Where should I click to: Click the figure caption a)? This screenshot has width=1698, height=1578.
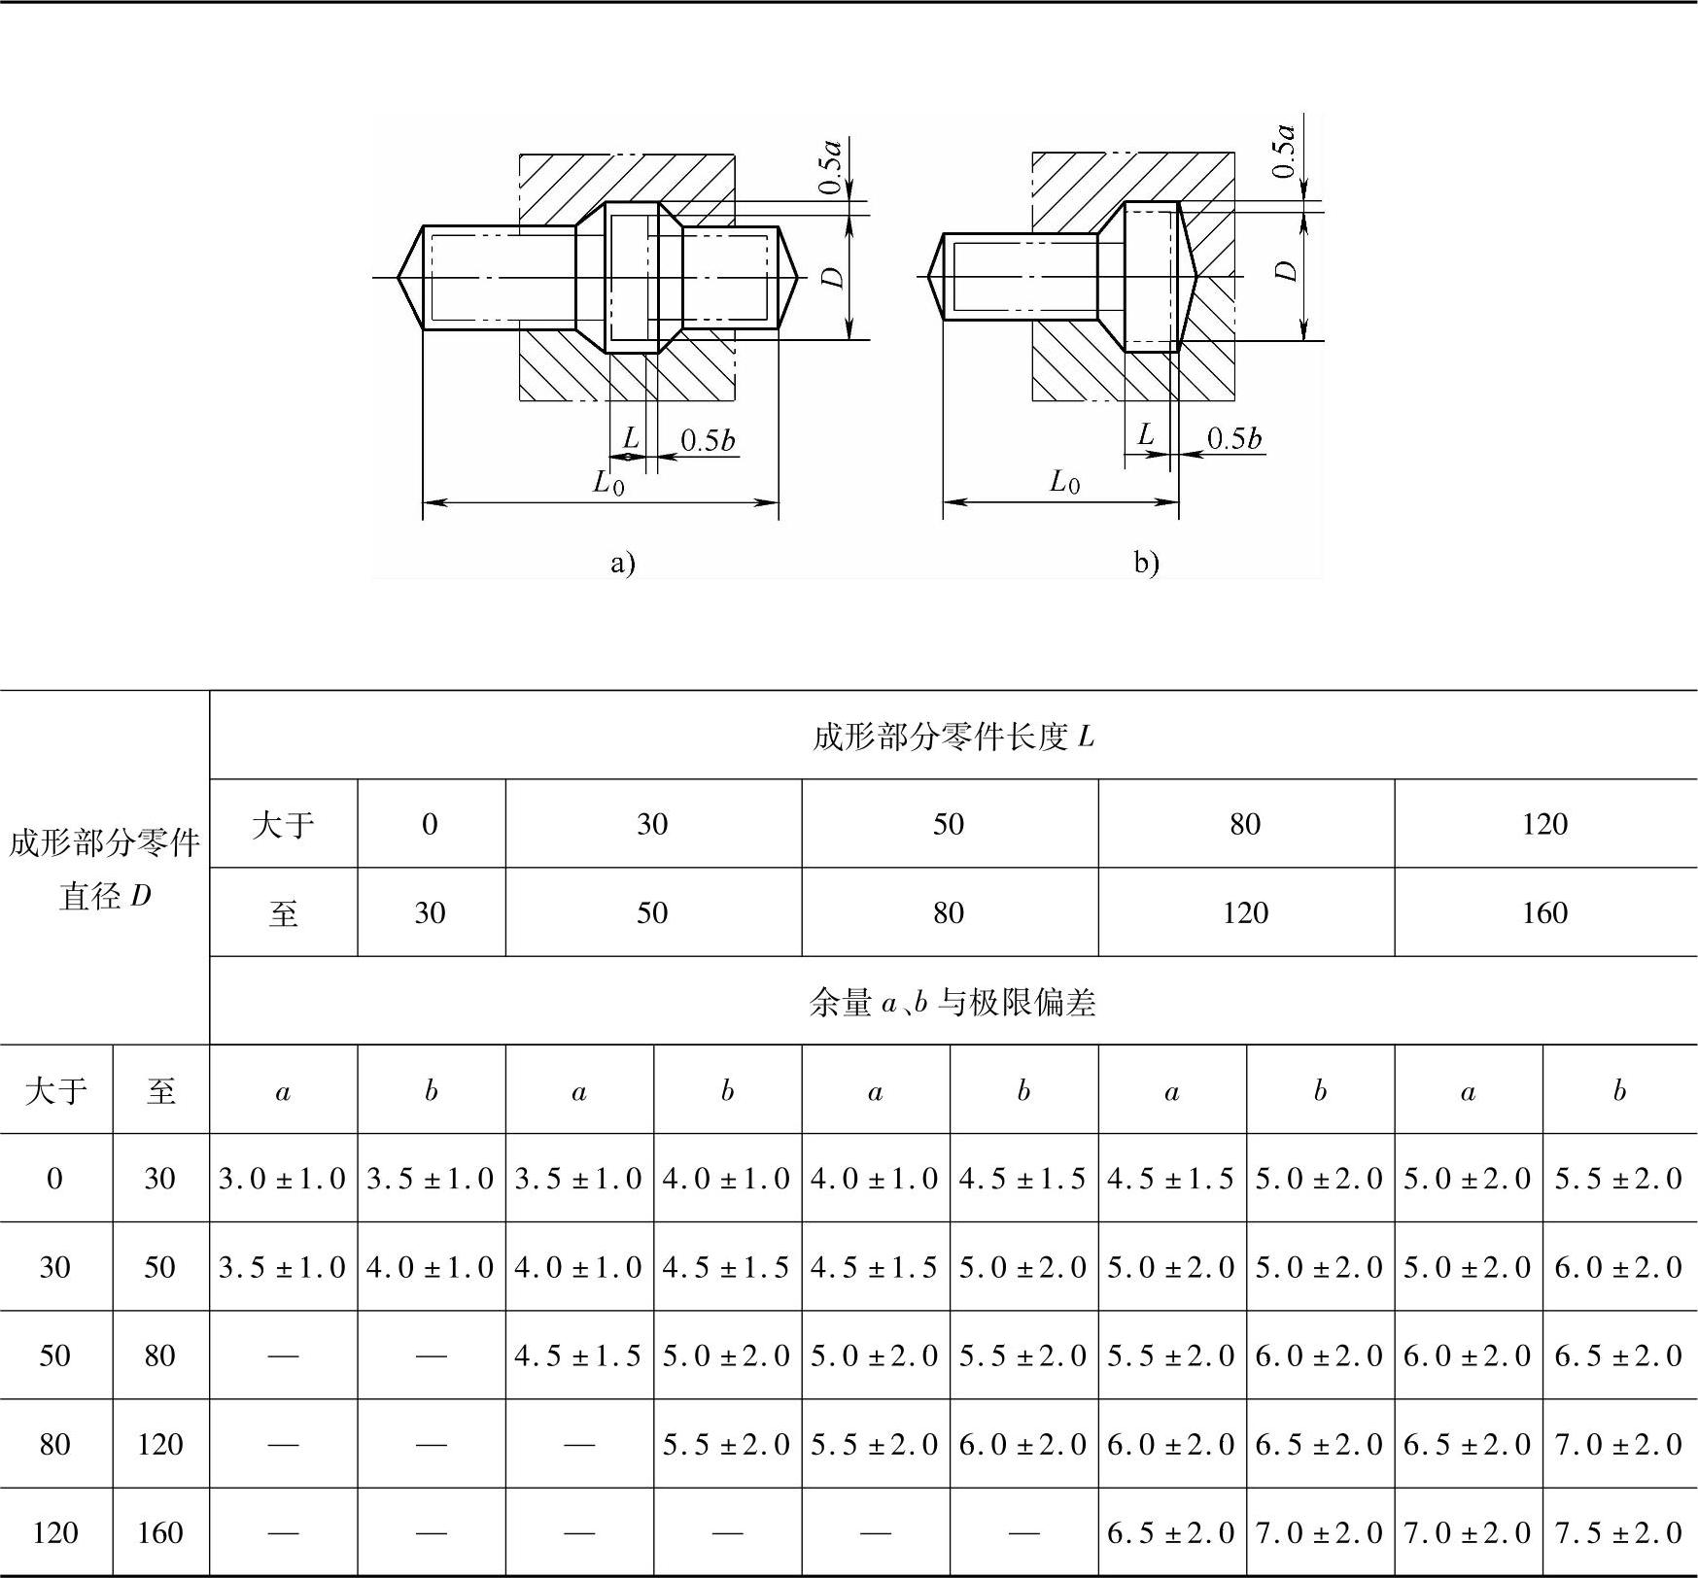(x=622, y=563)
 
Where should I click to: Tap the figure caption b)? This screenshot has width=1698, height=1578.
(x=1146, y=563)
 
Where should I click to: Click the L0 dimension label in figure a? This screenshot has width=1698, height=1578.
(x=608, y=482)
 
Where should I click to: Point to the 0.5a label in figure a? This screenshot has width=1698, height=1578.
(x=830, y=166)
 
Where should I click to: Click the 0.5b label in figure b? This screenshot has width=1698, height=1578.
(x=1233, y=439)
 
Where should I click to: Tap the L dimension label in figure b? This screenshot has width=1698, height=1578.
(x=1146, y=434)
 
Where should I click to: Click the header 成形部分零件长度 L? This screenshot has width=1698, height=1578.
(x=953, y=737)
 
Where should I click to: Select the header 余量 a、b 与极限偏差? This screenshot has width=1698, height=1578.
(x=953, y=1002)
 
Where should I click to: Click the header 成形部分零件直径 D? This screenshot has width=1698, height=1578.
(x=104, y=869)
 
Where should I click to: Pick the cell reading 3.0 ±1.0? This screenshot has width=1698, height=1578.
(x=283, y=1179)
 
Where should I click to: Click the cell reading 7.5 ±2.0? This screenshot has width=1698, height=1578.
(x=1618, y=1533)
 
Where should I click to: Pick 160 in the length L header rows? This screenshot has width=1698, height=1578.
(x=1544, y=913)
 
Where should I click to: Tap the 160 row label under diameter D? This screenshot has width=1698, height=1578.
(x=160, y=1533)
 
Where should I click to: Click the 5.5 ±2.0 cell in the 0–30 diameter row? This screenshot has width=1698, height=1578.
(x=1618, y=1179)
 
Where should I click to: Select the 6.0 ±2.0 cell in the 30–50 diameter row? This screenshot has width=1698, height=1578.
(x=1618, y=1267)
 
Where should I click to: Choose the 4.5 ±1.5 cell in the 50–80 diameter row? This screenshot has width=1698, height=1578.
(x=578, y=1356)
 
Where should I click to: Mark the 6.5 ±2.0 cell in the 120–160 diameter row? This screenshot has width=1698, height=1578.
(x=1171, y=1533)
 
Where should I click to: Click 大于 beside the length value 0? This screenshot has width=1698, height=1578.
(x=283, y=825)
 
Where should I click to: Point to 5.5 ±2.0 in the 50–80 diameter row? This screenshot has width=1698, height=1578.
(x=1022, y=1356)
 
